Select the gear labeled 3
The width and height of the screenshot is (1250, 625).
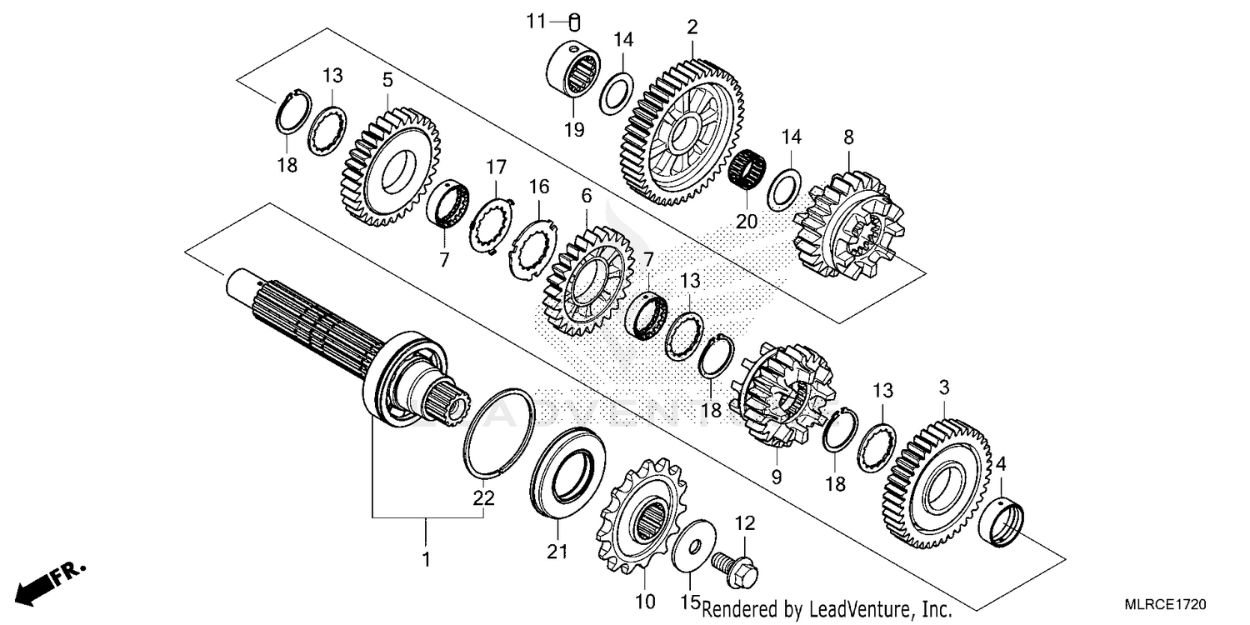(x=937, y=485)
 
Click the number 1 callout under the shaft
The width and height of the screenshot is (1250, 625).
(x=426, y=560)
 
